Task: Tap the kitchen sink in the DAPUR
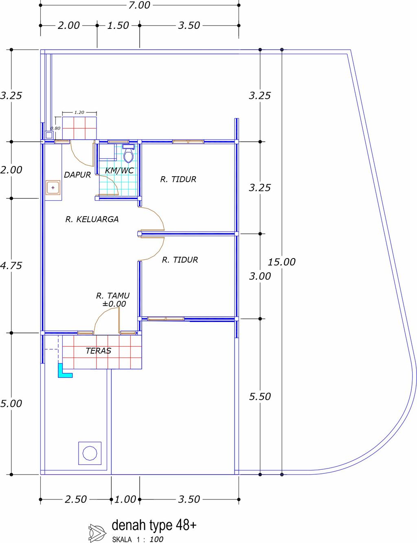53,187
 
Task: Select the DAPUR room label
77,175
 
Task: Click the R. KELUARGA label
92,219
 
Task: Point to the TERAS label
98,351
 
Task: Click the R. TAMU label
113,296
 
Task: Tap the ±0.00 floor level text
114,304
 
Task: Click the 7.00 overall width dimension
139,5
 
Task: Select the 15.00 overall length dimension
281,262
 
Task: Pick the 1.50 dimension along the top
118,25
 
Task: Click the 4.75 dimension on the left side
11,265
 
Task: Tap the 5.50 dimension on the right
260,396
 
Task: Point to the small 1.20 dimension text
79,112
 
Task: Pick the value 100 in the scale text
156,539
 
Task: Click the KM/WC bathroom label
119,171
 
